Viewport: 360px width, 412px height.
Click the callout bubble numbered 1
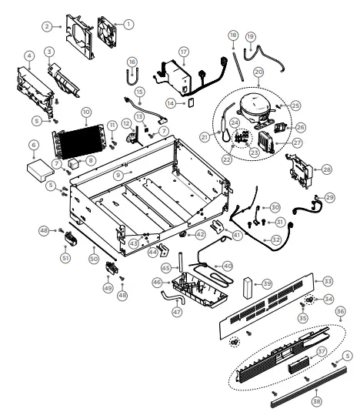[128, 24]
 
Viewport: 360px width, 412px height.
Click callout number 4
[28, 55]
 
